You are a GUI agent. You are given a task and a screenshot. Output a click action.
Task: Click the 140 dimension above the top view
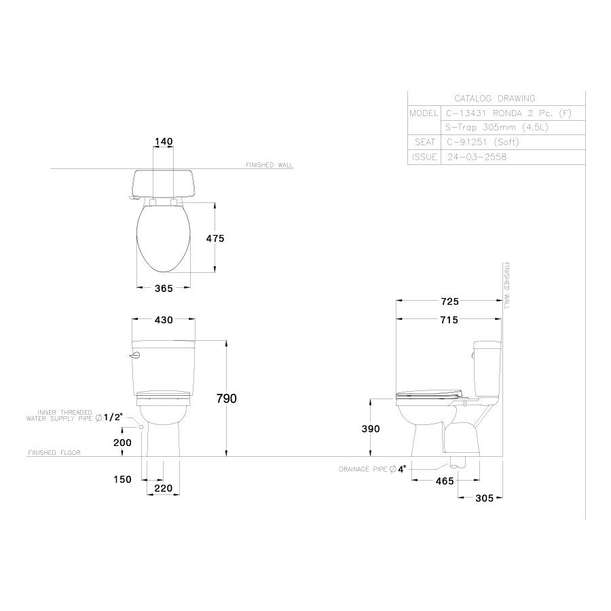click(164, 142)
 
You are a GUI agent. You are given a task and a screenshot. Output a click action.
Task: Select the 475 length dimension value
click(215, 238)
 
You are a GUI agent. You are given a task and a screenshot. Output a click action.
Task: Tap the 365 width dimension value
click(163, 288)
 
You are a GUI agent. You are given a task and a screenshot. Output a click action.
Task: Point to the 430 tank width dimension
click(164, 320)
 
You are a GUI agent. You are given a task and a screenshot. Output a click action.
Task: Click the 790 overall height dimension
click(226, 399)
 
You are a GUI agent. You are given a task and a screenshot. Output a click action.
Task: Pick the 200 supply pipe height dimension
click(123, 442)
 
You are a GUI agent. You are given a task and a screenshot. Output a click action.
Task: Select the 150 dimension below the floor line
click(123, 480)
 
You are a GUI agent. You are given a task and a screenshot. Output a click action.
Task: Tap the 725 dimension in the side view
click(449, 301)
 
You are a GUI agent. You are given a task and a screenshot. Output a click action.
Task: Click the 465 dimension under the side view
click(426, 481)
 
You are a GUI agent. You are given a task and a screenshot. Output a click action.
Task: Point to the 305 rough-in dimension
click(484, 498)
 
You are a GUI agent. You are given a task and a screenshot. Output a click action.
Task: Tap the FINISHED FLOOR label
click(54, 453)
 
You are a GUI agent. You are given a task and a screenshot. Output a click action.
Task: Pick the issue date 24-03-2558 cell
click(477, 157)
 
